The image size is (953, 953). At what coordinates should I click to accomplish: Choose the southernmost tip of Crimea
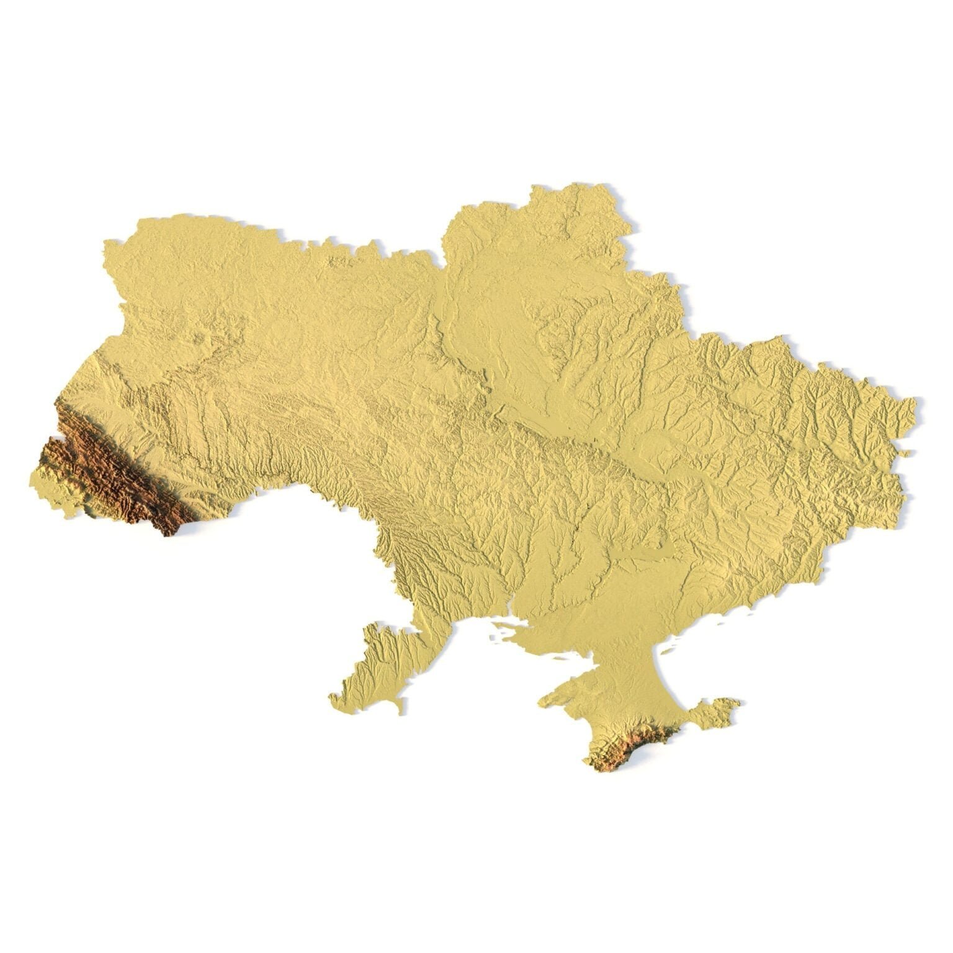[599, 769]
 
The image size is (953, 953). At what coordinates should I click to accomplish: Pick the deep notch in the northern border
[442, 264]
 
